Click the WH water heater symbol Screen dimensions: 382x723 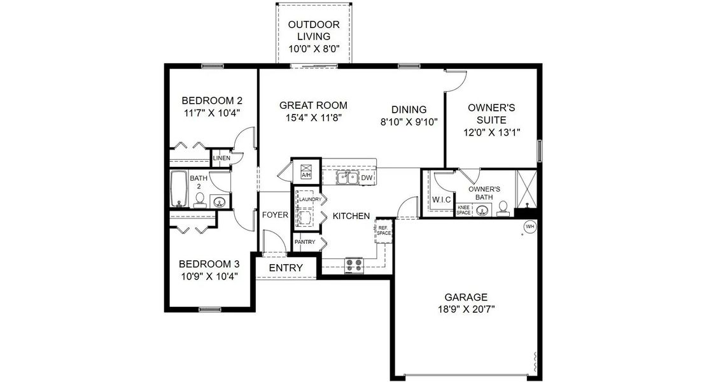click(530, 226)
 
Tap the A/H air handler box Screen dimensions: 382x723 click(305, 171)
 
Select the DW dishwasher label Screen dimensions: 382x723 click(367, 178)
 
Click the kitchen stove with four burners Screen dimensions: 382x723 click(354, 264)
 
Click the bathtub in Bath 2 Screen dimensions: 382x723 click(179, 188)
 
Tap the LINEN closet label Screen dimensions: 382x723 click(221, 158)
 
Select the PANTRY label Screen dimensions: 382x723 click(305, 242)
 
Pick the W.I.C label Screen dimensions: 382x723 click(442, 200)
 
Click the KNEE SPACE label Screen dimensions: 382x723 click(463, 209)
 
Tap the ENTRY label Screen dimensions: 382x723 click(286, 268)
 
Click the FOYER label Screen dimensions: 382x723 click(275, 215)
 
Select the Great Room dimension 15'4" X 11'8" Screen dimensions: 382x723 click(313, 117)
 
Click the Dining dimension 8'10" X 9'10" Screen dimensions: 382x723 click(409, 122)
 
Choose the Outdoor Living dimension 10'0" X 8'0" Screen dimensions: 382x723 click(314, 48)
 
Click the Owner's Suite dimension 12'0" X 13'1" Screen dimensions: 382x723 click(492, 132)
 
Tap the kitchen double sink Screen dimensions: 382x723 click(347, 178)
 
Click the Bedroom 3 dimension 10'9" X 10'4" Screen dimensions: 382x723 click(209, 276)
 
